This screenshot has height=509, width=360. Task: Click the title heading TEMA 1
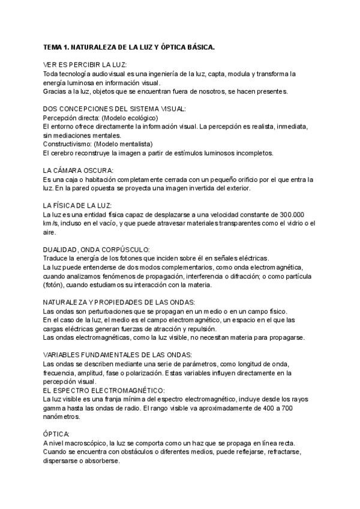pyautogui.click(x=129, y=47)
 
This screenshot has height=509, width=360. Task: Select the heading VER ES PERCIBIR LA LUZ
pyautogui.click(x=85, y=65)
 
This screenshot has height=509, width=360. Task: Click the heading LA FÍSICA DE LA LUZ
pyautogui.click(x=82, y=205)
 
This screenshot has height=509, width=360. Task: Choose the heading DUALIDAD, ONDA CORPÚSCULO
pyautogui.click(x=97, y=249)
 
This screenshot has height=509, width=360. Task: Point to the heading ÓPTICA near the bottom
pyautogui.click(x=56, y=433)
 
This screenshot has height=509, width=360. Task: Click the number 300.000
pyautogui.click(x=290, y=214)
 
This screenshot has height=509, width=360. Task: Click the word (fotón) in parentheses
pyautogui.click(x=54, y=285)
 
